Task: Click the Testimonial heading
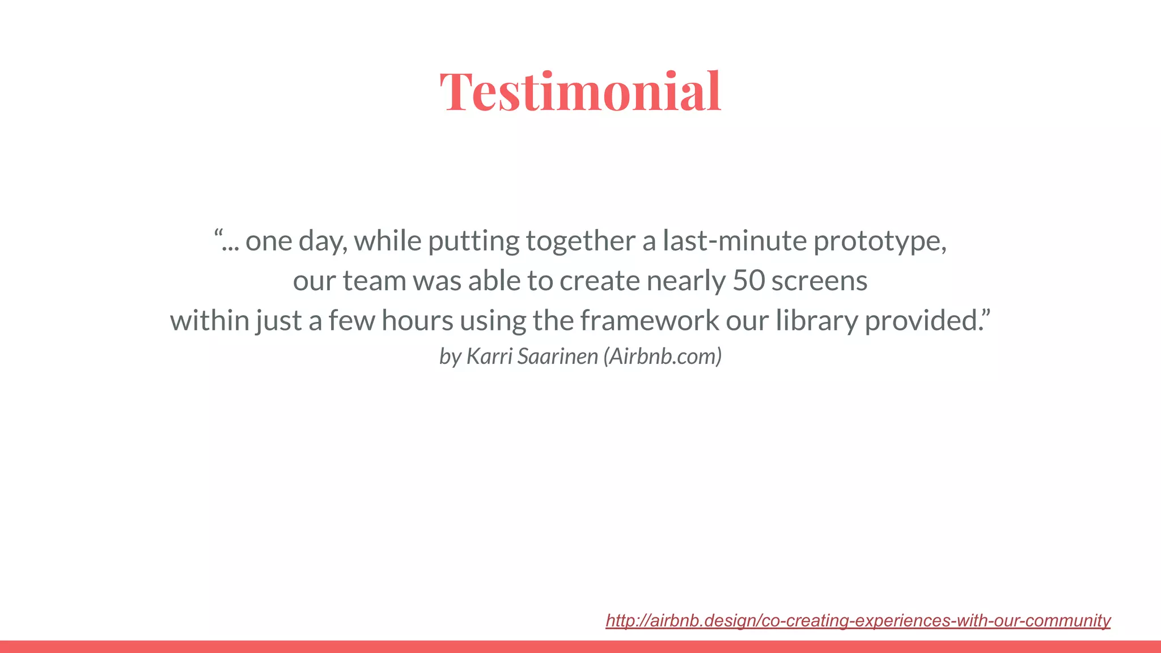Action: [580, 91]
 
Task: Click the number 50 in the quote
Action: [748, 281]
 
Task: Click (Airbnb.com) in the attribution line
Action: [662, 356]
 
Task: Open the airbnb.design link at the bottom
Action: [857, 620]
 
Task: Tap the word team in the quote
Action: [374, 281]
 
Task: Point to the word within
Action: [209, 320]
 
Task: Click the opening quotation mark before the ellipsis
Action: [218, 233]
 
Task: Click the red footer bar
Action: [580, 647]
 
